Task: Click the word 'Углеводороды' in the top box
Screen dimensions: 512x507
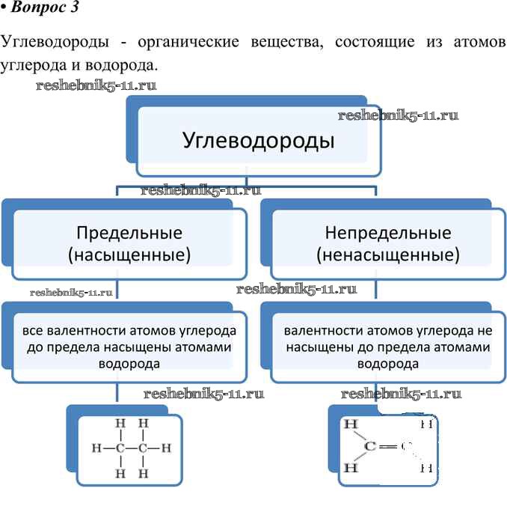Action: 258,140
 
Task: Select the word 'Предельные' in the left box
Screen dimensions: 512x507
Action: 129,232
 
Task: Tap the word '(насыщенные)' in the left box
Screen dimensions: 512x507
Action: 129,255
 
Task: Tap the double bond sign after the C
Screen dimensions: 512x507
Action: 386,447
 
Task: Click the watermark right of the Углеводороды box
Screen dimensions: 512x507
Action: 398,115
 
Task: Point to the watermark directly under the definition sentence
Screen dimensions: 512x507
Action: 96,85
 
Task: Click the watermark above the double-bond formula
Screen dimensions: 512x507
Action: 401,394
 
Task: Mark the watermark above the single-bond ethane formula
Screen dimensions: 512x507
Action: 203,394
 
